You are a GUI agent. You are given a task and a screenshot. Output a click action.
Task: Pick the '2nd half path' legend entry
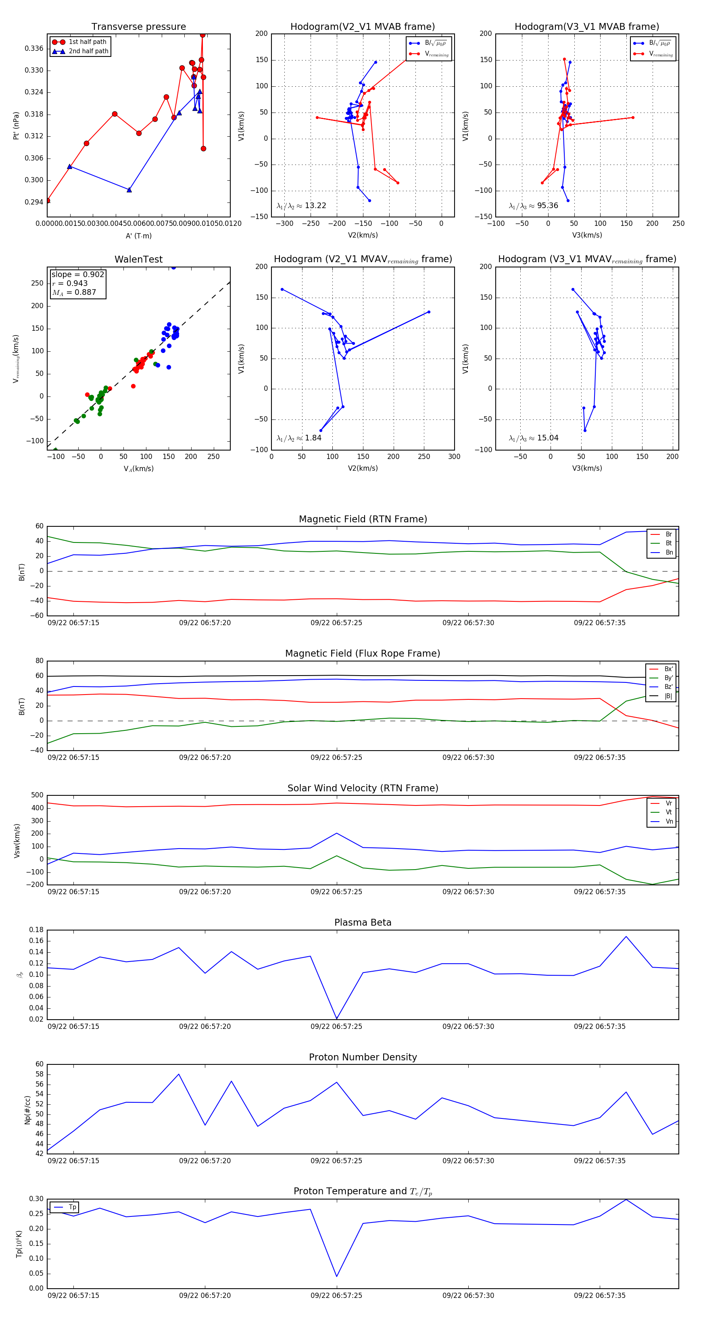[x=88, y=51]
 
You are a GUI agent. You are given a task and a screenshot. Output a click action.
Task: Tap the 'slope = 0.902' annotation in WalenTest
[x=77, y=274]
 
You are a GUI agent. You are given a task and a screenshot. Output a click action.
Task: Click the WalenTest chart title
[x=138, y=259]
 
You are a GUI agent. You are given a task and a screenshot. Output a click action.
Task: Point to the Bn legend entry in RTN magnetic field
[x=669, y=552]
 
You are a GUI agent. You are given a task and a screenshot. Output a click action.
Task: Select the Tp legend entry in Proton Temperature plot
[x=72, y=1207]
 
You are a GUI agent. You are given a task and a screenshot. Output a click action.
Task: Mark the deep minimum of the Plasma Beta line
[x=337, y=1018]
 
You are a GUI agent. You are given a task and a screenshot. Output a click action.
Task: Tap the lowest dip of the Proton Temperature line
[x=337, y=1276]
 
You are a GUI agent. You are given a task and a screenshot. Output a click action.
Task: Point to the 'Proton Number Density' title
[x=363, y=1057]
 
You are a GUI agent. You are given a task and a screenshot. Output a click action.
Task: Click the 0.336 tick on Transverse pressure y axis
[x=34, y=48]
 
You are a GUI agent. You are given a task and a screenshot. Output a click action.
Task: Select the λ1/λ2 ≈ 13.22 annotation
[x=301, y=206]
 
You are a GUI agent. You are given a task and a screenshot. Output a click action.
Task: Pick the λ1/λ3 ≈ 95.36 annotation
[x=533, y=206]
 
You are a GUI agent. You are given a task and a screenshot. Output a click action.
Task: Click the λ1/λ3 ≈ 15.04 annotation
[x=533, y=438]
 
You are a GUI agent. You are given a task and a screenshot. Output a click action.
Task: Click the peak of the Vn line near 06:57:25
[x=337, y=833]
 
